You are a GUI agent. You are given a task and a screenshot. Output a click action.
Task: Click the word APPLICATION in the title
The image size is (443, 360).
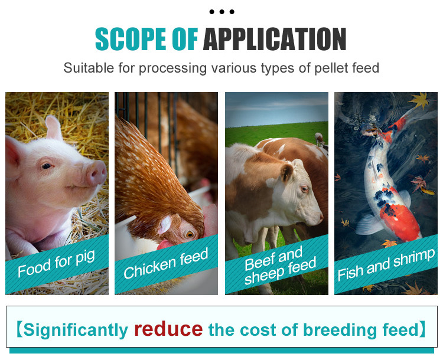tap(275, 39)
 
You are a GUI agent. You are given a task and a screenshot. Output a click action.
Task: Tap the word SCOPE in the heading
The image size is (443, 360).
tap(131, 39)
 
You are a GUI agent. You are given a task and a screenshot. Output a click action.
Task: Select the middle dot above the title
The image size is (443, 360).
tap(221, 12)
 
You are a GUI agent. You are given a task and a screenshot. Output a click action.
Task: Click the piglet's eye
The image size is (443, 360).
tap(46, 166)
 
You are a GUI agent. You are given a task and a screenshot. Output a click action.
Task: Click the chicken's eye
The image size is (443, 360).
tap(189, 234)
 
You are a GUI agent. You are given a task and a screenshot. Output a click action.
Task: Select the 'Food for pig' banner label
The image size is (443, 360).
tap(56, 263)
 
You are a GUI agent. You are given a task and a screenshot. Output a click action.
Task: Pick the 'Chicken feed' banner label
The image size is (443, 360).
tap(166, 263)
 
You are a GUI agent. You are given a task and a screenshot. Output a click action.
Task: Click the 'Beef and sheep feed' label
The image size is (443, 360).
tap(280, 265)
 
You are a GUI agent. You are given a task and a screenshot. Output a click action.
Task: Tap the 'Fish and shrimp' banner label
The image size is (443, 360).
tap(386, 264)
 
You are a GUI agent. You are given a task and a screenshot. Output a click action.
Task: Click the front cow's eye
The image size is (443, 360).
tap(304, 188)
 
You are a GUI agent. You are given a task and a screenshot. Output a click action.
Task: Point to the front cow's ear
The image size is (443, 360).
tap(286, 172)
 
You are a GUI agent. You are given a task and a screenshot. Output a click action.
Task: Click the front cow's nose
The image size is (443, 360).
tap(320, 217)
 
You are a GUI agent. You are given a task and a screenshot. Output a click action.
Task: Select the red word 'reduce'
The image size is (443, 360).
tap(168, 329)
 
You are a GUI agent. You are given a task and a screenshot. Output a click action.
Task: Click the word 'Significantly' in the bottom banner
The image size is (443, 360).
tap(76, 330)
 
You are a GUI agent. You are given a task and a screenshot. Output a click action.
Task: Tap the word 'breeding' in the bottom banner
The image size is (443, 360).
tap(340, 330)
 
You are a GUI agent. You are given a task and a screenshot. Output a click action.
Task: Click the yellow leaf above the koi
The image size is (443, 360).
tap(419, 100)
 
